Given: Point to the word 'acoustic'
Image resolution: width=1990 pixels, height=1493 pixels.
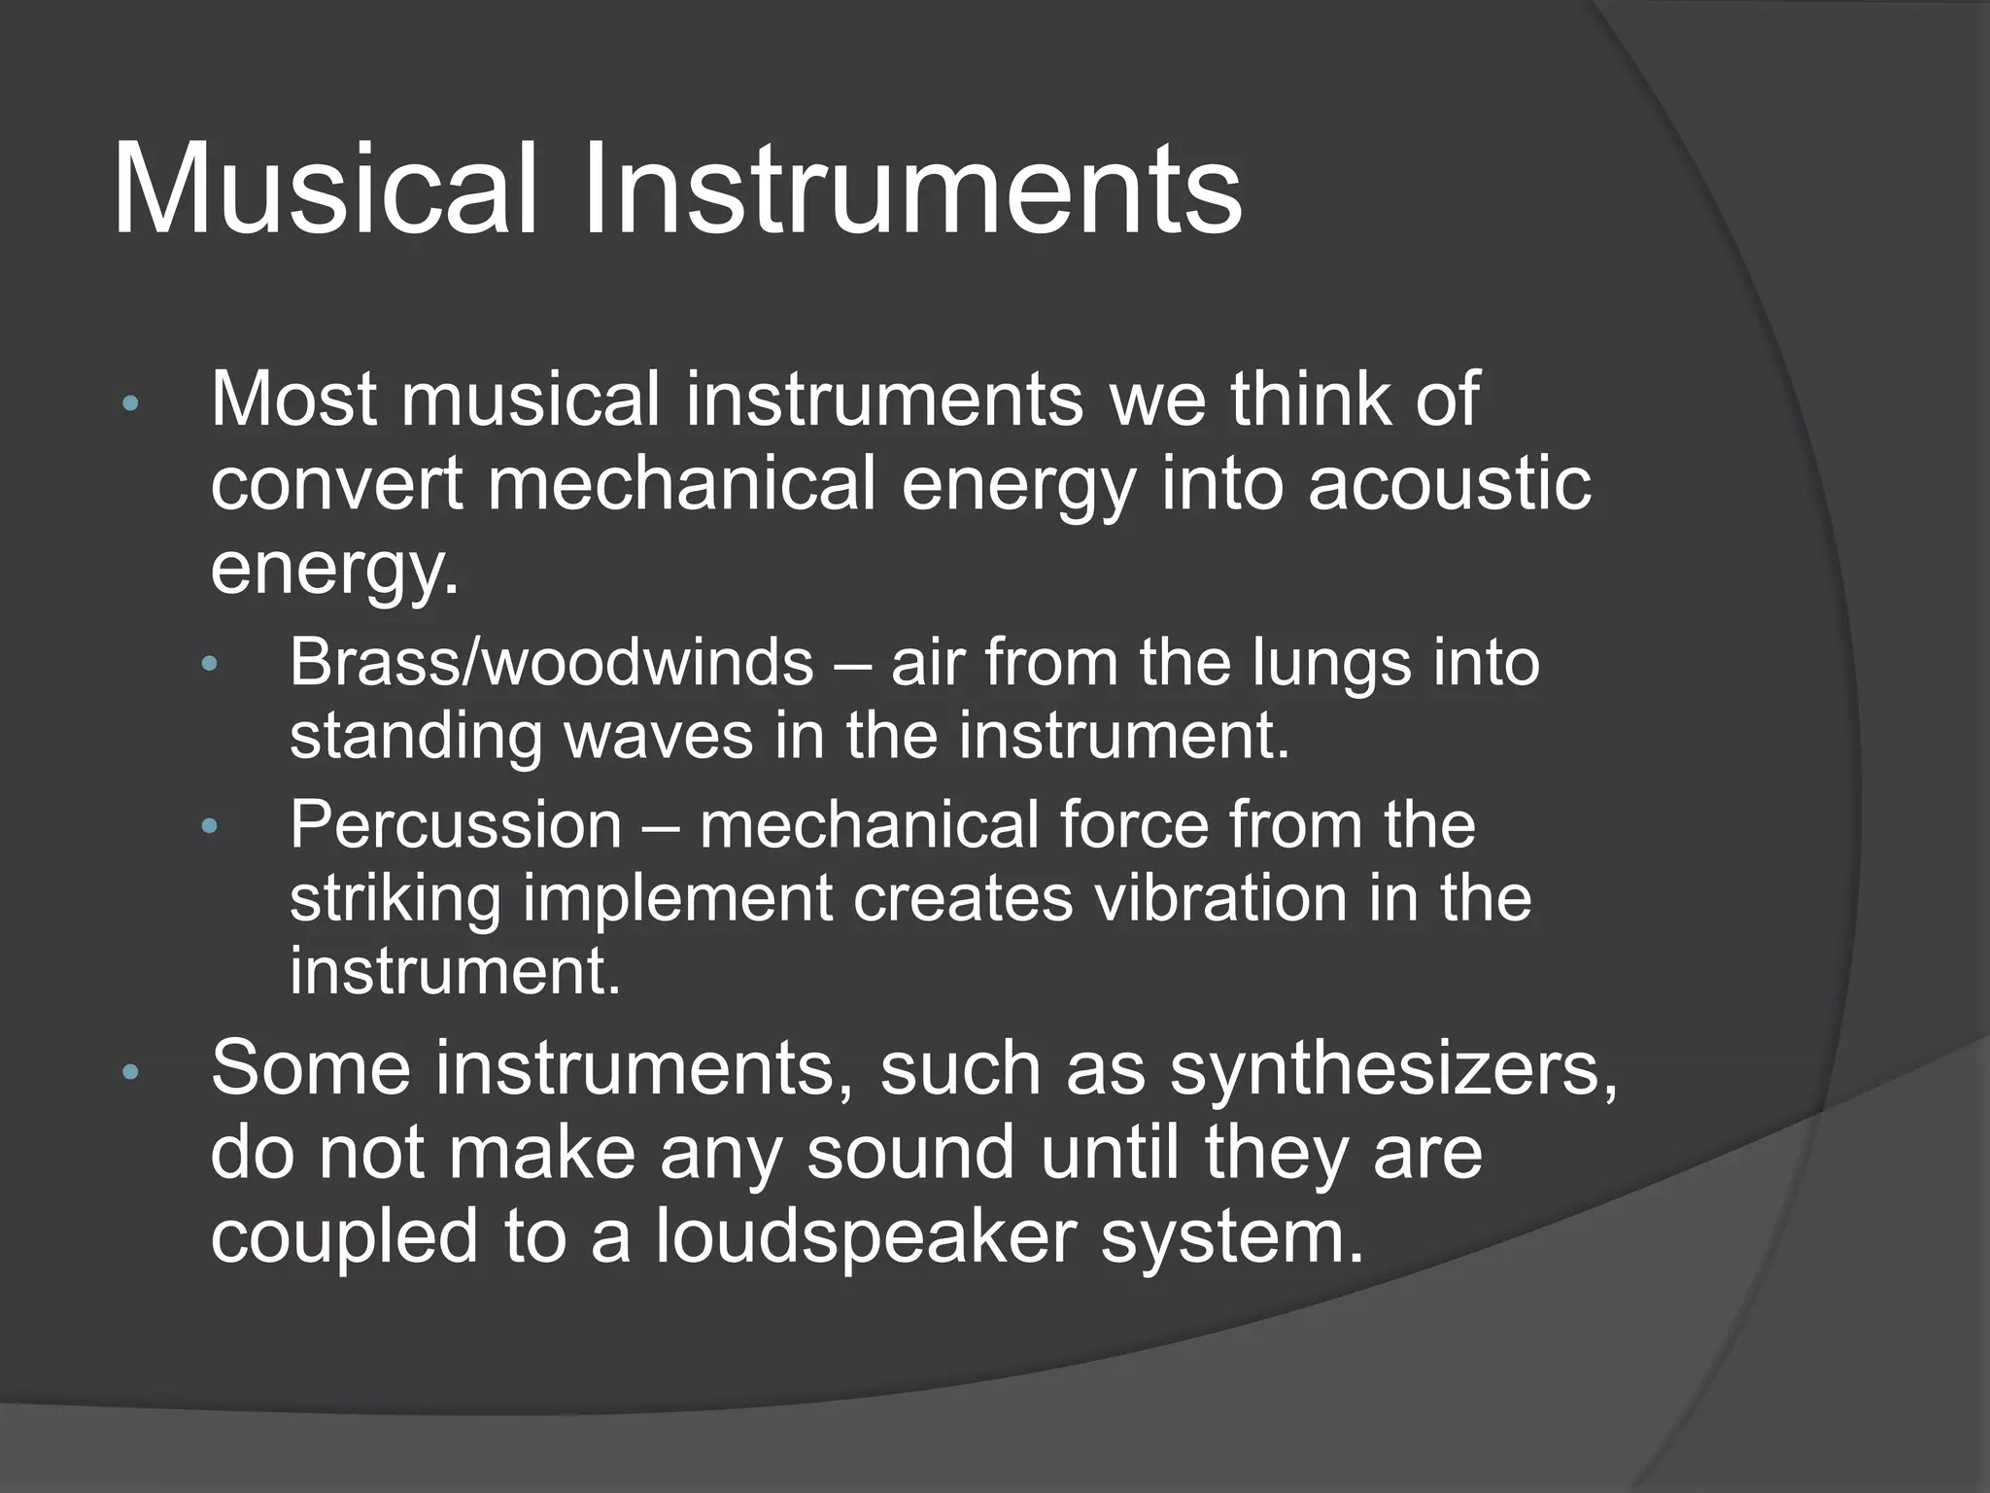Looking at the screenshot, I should (x=1450, y=484).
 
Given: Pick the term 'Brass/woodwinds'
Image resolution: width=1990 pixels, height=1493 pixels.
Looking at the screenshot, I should (x=551, y=663).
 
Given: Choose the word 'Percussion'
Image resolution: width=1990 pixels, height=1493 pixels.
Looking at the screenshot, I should (x=455, y=825).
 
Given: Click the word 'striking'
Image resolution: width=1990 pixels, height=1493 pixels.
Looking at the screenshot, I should (x=395, y=899).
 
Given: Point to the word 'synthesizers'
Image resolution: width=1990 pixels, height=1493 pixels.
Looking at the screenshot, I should (x=1393, y=1070).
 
